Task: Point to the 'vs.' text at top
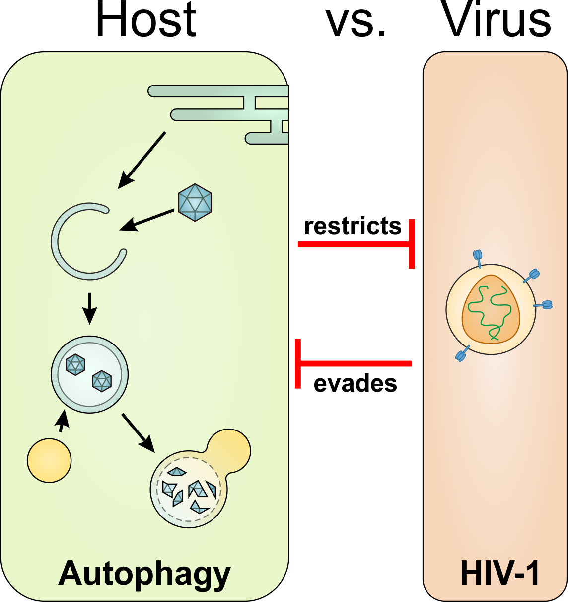[x=355, y=22]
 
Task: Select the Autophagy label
[x=144, y=574]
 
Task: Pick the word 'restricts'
[x=353, y=226]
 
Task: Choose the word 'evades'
[x=355, y=384]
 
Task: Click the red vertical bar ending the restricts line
[x=412, y=244]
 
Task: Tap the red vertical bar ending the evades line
[x=298, y=363]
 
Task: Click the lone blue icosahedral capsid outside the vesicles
[x=195, y=202]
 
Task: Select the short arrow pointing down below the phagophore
[x=89, y=308]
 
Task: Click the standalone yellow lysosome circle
[x=49, y=460]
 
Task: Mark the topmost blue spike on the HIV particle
[x=478, y=257]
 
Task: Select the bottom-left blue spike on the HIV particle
[x=461, y=354]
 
